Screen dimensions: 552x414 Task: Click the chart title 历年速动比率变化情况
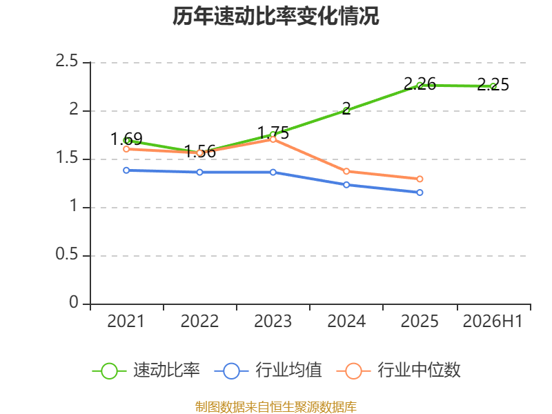pyautogui.click(x=275, y=16)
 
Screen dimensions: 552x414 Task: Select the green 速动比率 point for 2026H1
pyautogui.click(x=493, y=86)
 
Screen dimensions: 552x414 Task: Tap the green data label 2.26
pyautogui.click(x=420, y=83)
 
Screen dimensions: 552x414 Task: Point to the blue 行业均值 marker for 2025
pyautogui.click(x=420, y=193)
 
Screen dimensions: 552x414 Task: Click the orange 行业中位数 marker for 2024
pyautogui.click(x=346, y=171)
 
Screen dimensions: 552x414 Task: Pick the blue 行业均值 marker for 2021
pyautogui.click(x=126, y=170)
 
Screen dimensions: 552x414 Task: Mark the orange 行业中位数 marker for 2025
pyautogui.click(x=420, y=179)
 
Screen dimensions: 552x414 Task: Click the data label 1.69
pyautogui.click(x=126, y=139)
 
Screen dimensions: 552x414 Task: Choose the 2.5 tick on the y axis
pyautogui.click(x=66, y=61)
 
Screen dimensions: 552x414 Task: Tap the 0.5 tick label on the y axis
pyautogui.click(x=66, y=254)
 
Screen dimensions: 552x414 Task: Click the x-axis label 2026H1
pyautogui.click(x=493, y=322)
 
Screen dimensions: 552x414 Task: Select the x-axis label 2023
pyautogui.click(x=273, y=322)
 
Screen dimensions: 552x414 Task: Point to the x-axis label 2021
pyautogui.click(x=126, y=322)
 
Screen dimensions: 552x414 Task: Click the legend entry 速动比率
pyautogui.click(x=146, y=371)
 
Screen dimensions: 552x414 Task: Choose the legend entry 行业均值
pyautogui.click(x=268, y=371)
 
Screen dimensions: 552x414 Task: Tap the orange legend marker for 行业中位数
pyautogui.click(x=353, y=371)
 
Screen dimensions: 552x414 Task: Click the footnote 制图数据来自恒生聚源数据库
pyautogui.click(x=276, y=406)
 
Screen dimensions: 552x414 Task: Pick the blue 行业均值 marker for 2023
pyautogui.click(x=273, y=172)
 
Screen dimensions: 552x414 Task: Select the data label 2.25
pyautogui.click(x=493, y=84)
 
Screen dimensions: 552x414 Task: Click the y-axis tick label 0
pyautogui.click(x=74, y=302)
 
